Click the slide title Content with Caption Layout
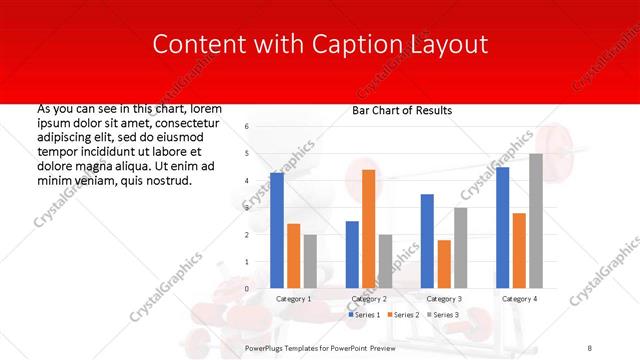[320, 44]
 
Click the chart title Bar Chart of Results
[401, 110]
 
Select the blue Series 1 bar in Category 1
[277, 230]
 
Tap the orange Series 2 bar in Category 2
[368, 229]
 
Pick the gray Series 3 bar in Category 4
[536, 221]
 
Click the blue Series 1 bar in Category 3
[427, 241]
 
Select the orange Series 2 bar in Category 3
[444, 264]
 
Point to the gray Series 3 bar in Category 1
[310, 261]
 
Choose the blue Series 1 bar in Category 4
[503, 227]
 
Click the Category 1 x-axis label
[293, 299]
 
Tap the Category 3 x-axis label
[444, 299]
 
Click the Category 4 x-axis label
[519, 299]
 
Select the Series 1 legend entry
[364, 315]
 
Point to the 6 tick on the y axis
[247, 127]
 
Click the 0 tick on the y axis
[247, 288]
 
